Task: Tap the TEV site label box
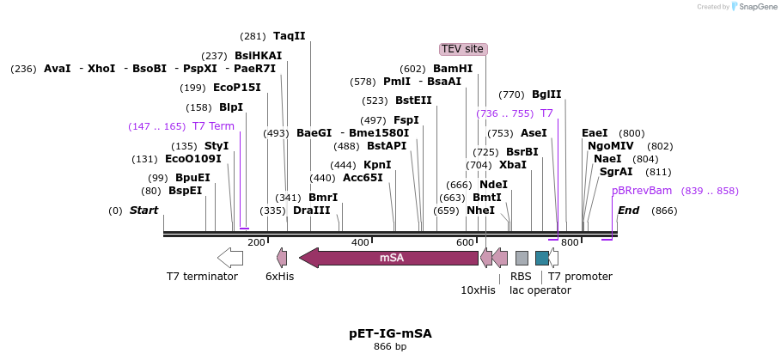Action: coord(463,49)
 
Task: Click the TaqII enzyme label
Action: coord(290,36)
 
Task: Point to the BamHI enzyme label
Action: coord(452,69)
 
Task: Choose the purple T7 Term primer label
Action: coord(213,126)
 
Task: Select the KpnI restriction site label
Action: coord(377,165)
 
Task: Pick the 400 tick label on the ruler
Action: coord(360,242)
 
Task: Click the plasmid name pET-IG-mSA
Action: coord(390,333)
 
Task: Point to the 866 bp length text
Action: coord(390,346)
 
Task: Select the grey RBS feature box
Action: coord(522,257)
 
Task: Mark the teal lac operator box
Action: coord(541,257)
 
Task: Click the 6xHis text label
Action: coord(279,277)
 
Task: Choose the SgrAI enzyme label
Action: coord(616,172)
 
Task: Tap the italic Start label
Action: coord(143,211)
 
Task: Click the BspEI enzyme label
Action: coord(185,191)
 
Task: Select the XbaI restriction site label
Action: coord(513,165)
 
